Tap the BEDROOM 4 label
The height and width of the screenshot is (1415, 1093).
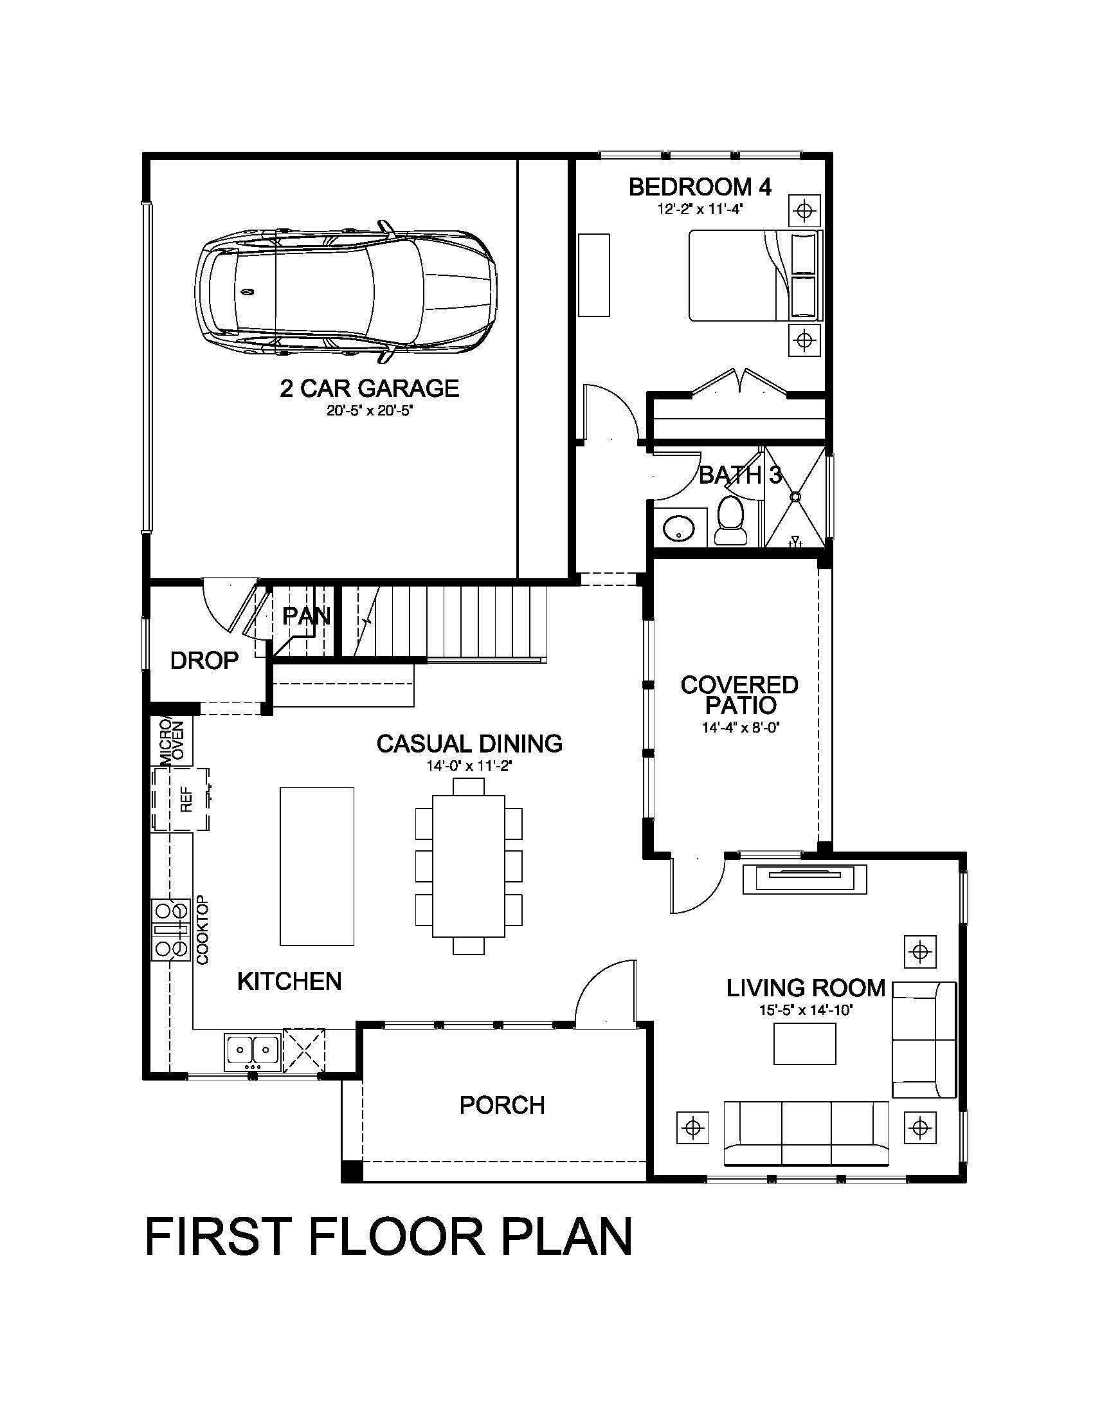(x=700, y=188)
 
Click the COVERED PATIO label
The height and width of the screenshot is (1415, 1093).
(x=739, y=695)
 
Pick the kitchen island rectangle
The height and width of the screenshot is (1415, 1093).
(x=316, y=866)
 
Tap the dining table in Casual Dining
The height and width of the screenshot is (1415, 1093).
(x=468, y=866)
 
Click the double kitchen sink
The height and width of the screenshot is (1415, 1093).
(x=253, y=1052)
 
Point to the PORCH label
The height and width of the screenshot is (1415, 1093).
(x=502, y=1105)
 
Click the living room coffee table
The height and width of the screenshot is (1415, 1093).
(x=804, y=1044)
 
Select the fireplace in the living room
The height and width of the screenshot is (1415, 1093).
(x=804, y=879)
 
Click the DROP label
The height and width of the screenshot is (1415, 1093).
(x=204, y=661)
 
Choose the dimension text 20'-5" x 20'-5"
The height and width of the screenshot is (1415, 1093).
(x=369, y=411)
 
